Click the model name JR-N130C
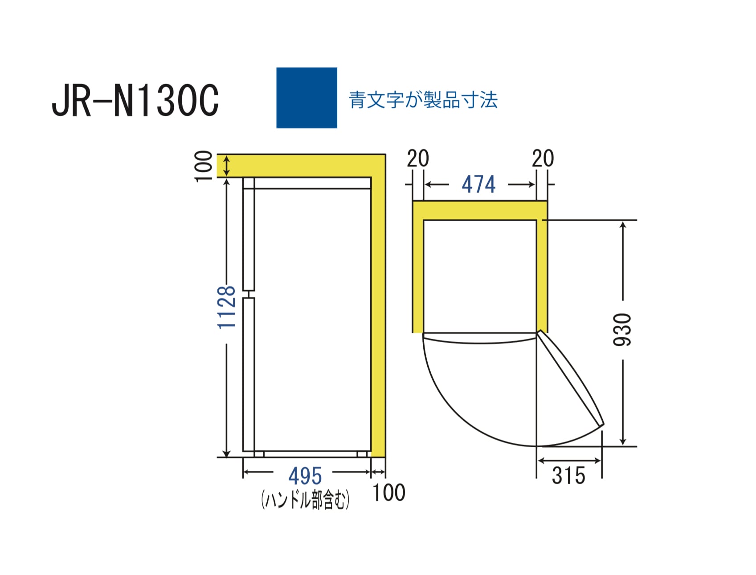135,101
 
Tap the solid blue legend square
306,98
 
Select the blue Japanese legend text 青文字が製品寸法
423,100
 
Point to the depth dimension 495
305,476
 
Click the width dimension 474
478,184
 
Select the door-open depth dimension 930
622,329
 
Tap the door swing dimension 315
568,475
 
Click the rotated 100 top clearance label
204,166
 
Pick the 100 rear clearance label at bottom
388,493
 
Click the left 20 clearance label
418,158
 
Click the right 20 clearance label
543,158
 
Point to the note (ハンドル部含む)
305,500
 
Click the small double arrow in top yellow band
226,166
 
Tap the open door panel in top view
571,378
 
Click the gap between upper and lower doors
249,294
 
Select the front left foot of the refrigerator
259,454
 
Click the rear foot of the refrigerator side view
362,454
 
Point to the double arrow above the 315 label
569,461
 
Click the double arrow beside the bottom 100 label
378,472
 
